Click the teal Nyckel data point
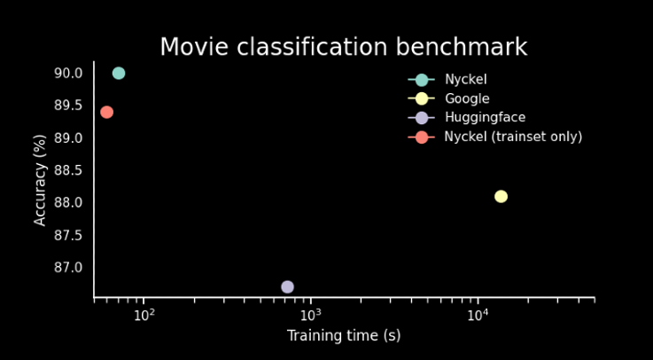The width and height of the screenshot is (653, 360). point(119,74)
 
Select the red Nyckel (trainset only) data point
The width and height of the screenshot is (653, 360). point(106,112)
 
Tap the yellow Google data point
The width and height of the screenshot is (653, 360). point(501,196)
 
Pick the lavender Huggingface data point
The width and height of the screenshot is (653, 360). point(287,286)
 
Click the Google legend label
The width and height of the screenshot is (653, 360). point(467,98)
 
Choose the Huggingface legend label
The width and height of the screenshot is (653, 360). point(486,118)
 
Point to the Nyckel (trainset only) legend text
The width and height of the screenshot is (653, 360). point(513,137)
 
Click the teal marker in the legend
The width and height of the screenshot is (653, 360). point(422,80)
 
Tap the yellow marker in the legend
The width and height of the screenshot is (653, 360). point(422,98)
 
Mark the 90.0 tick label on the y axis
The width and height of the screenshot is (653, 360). point(66,74)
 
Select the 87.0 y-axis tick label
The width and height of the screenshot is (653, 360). point(66,267)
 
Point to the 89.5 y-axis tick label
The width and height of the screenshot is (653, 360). point(66,106)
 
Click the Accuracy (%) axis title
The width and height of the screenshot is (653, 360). point(40,180)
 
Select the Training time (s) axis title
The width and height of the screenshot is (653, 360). point(344,336)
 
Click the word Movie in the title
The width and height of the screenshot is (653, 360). point(194,47)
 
